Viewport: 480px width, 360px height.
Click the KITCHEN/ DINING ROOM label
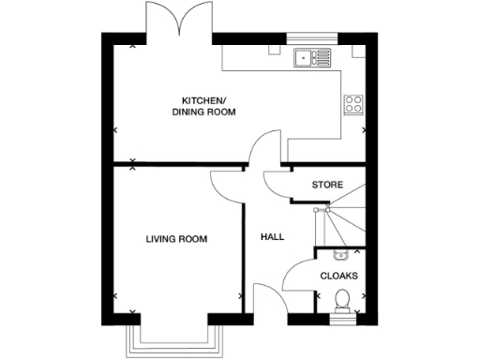tap(202, 106)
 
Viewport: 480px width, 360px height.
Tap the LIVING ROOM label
tap(176, 240)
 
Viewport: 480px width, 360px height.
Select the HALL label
tap(272, 237)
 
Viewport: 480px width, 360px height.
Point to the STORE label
tap(327, 185)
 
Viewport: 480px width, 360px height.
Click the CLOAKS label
tap(338, 276)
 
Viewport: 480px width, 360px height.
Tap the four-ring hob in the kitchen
tap(353, 103)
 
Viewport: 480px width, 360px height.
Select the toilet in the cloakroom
tap(342, 301)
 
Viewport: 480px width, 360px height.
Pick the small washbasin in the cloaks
tap(340, 253)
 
